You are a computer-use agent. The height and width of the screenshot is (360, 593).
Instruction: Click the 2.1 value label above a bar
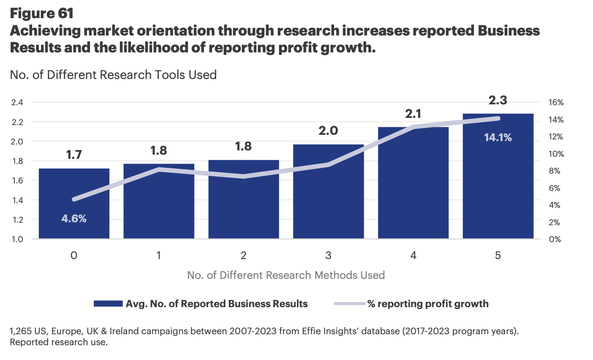point(413,114)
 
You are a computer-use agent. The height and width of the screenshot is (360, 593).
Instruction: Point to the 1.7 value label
point(74,155)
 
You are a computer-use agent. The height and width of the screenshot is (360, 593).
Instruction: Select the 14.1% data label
point(498,137)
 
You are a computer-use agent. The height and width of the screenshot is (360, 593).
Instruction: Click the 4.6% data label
point(74,218)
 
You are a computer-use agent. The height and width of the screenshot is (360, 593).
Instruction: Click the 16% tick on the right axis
point(556,103)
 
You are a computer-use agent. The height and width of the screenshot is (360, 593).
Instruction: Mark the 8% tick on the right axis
point(555,171)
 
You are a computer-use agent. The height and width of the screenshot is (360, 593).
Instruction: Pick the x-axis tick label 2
point(243,256)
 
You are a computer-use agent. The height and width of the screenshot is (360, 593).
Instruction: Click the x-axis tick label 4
point(413,256)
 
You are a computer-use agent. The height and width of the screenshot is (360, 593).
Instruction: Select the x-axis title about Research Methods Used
point(286,275)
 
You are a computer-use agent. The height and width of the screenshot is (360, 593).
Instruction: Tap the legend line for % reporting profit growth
point(349,304)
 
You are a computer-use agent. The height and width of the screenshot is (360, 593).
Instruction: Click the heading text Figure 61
point(41,14)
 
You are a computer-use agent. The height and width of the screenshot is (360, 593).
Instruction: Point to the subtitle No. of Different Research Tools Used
point(113,75)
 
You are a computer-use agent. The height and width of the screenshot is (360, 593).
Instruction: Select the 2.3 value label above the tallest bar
point(498,101)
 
